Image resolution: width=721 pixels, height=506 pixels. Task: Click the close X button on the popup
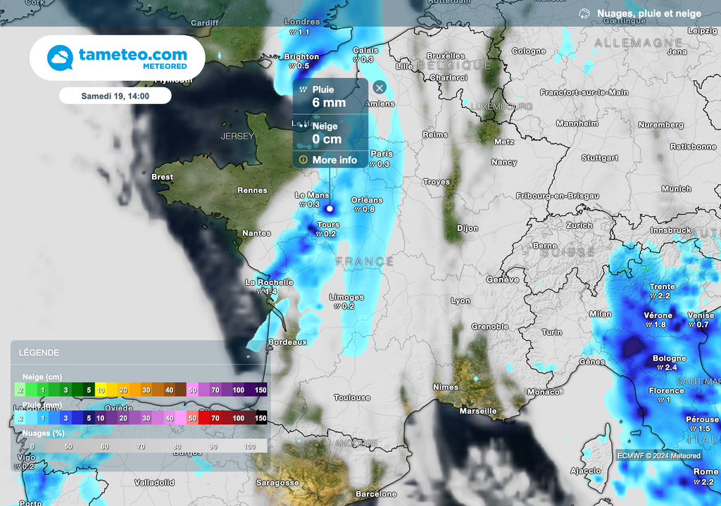point(380,87)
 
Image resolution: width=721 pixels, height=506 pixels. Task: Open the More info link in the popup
point(334,160)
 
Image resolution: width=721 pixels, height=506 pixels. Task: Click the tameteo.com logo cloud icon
point(60,57)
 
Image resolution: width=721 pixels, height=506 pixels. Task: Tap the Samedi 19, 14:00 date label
point(115,96)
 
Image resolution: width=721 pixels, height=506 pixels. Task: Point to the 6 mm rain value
point(329,103)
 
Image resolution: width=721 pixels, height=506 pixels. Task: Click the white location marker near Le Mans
point(329,208)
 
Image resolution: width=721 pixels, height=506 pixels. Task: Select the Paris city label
point(382,154)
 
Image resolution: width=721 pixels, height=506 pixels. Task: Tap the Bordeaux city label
point(288,342)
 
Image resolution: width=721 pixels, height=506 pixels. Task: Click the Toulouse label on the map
point(352,398)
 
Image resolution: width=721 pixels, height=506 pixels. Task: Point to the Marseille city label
point(477,411)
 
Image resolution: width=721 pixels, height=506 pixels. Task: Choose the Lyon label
point(460,301)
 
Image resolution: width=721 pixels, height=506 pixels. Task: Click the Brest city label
point(162,177)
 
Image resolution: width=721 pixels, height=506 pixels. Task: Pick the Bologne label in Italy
point(669,358)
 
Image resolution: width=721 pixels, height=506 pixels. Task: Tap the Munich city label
point(676,189)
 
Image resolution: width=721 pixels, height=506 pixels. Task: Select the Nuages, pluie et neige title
point(648,13)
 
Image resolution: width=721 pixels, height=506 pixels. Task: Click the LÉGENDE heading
point(39,353)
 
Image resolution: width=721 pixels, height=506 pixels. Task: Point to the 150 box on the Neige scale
point(260,390)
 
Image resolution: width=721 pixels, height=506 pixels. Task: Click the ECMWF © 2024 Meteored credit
point(659,455)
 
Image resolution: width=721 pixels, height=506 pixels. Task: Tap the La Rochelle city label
point(269,282)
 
